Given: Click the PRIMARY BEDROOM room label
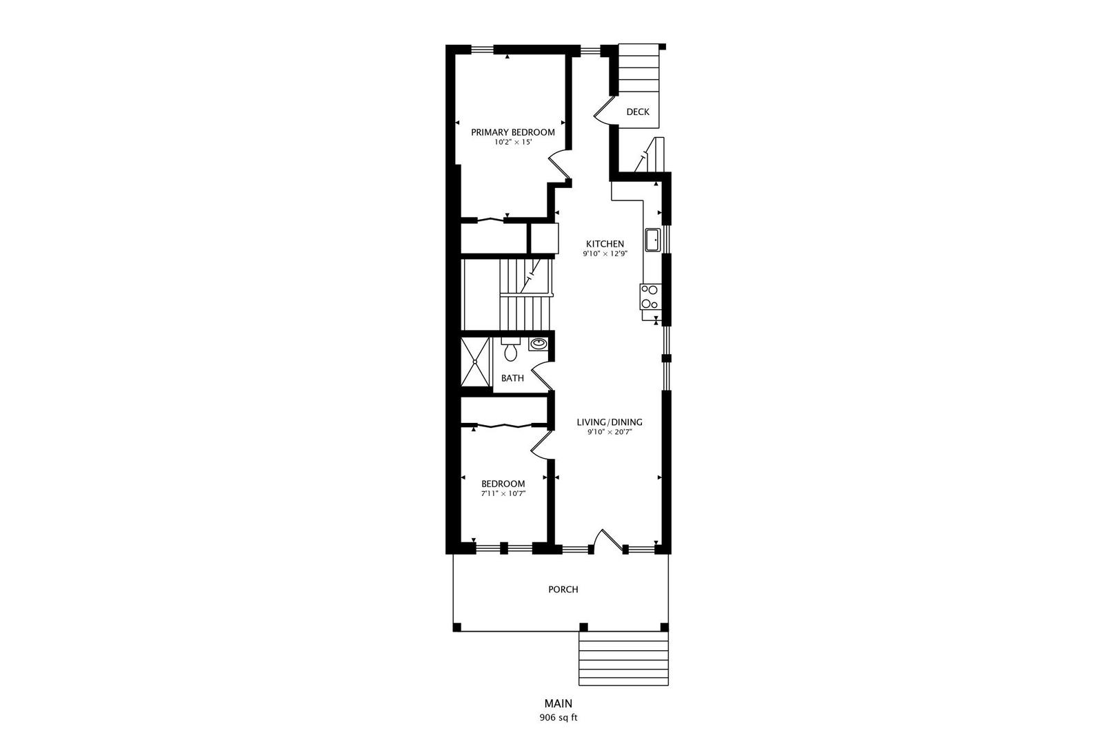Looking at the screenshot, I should pos(512,132).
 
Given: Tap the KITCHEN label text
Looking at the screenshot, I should pos(605,244).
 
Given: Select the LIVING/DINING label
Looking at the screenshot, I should pos(610,422).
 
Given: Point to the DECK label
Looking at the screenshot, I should pos(638,112).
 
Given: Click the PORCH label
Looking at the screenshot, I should pos(563,590).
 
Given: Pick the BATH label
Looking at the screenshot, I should pos(512,378).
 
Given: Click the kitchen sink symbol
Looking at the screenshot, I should pos(652,240).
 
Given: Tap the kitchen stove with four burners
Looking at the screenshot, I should pos(650,297).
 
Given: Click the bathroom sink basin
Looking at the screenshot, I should pos(538,343).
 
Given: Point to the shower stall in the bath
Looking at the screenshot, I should pos(474,362).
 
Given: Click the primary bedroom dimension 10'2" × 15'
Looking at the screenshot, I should pos(512,143).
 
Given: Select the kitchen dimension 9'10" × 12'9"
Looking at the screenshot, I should pos(605,254).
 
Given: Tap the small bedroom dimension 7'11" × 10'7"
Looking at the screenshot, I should pos(503,493).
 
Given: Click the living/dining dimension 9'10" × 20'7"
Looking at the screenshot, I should pos(610,433).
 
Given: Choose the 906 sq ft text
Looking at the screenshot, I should pos(558,717).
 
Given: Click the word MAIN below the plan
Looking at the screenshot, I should pos(558,704).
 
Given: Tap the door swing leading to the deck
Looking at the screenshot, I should pos(601,110).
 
